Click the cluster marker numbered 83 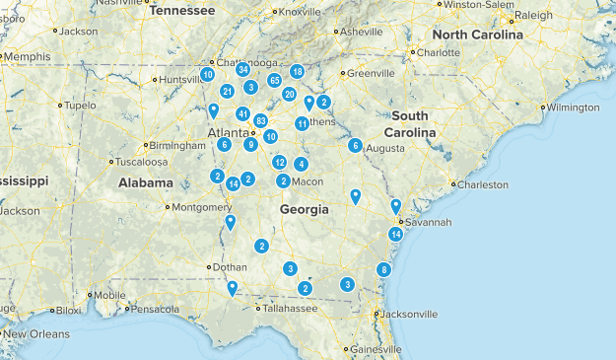(261, 120)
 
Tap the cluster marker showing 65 (275, 80)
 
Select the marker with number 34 (242, 70)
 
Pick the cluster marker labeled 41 (242, 114)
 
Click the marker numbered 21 (228, 92)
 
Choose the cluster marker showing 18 (297, 72)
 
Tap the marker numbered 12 (280, 162)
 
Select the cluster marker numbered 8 (384, 269)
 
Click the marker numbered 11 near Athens (302, 123)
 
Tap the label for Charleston (482, 184)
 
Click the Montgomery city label (203, 207)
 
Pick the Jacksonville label (407, 315)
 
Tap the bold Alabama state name (146, 182)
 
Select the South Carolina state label (410, 125)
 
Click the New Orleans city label (34, 334)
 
